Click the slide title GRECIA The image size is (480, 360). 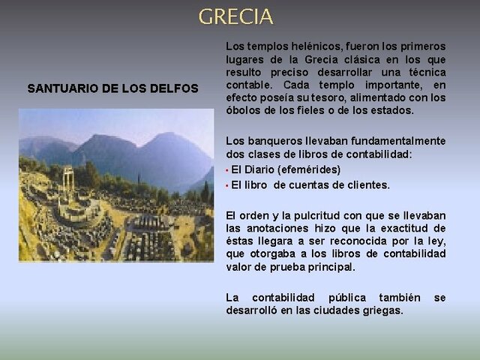[x=235, y=16]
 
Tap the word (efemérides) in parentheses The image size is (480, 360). [x=310, y=169]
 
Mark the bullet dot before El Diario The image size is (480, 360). [x=228, y=170]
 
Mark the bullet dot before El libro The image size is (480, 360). [x=228, y=185]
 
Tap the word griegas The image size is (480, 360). [x=384, y=310]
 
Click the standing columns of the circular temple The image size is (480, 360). [x=68, y=180]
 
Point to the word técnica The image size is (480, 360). [x=424, y=72]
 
